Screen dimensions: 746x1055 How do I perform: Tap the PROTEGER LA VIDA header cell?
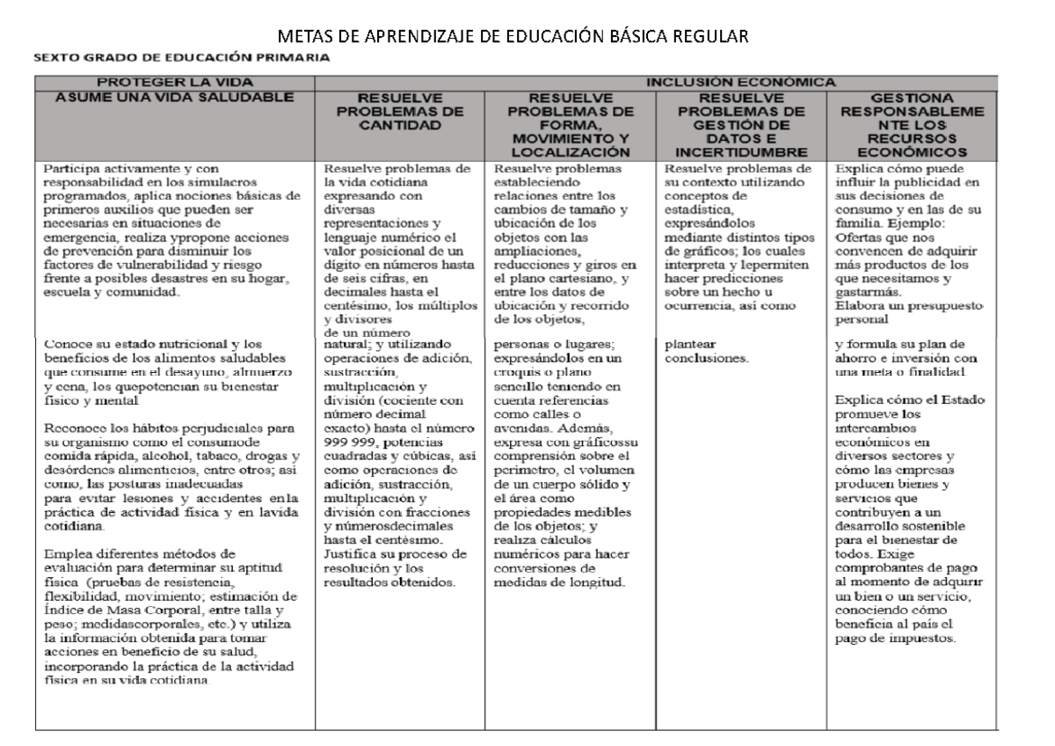coord(174,82)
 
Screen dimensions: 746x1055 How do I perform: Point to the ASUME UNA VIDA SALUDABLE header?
coord(174,95)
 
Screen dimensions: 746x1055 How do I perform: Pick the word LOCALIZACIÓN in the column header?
coord(574,152)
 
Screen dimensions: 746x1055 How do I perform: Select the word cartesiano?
coord(584,279)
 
